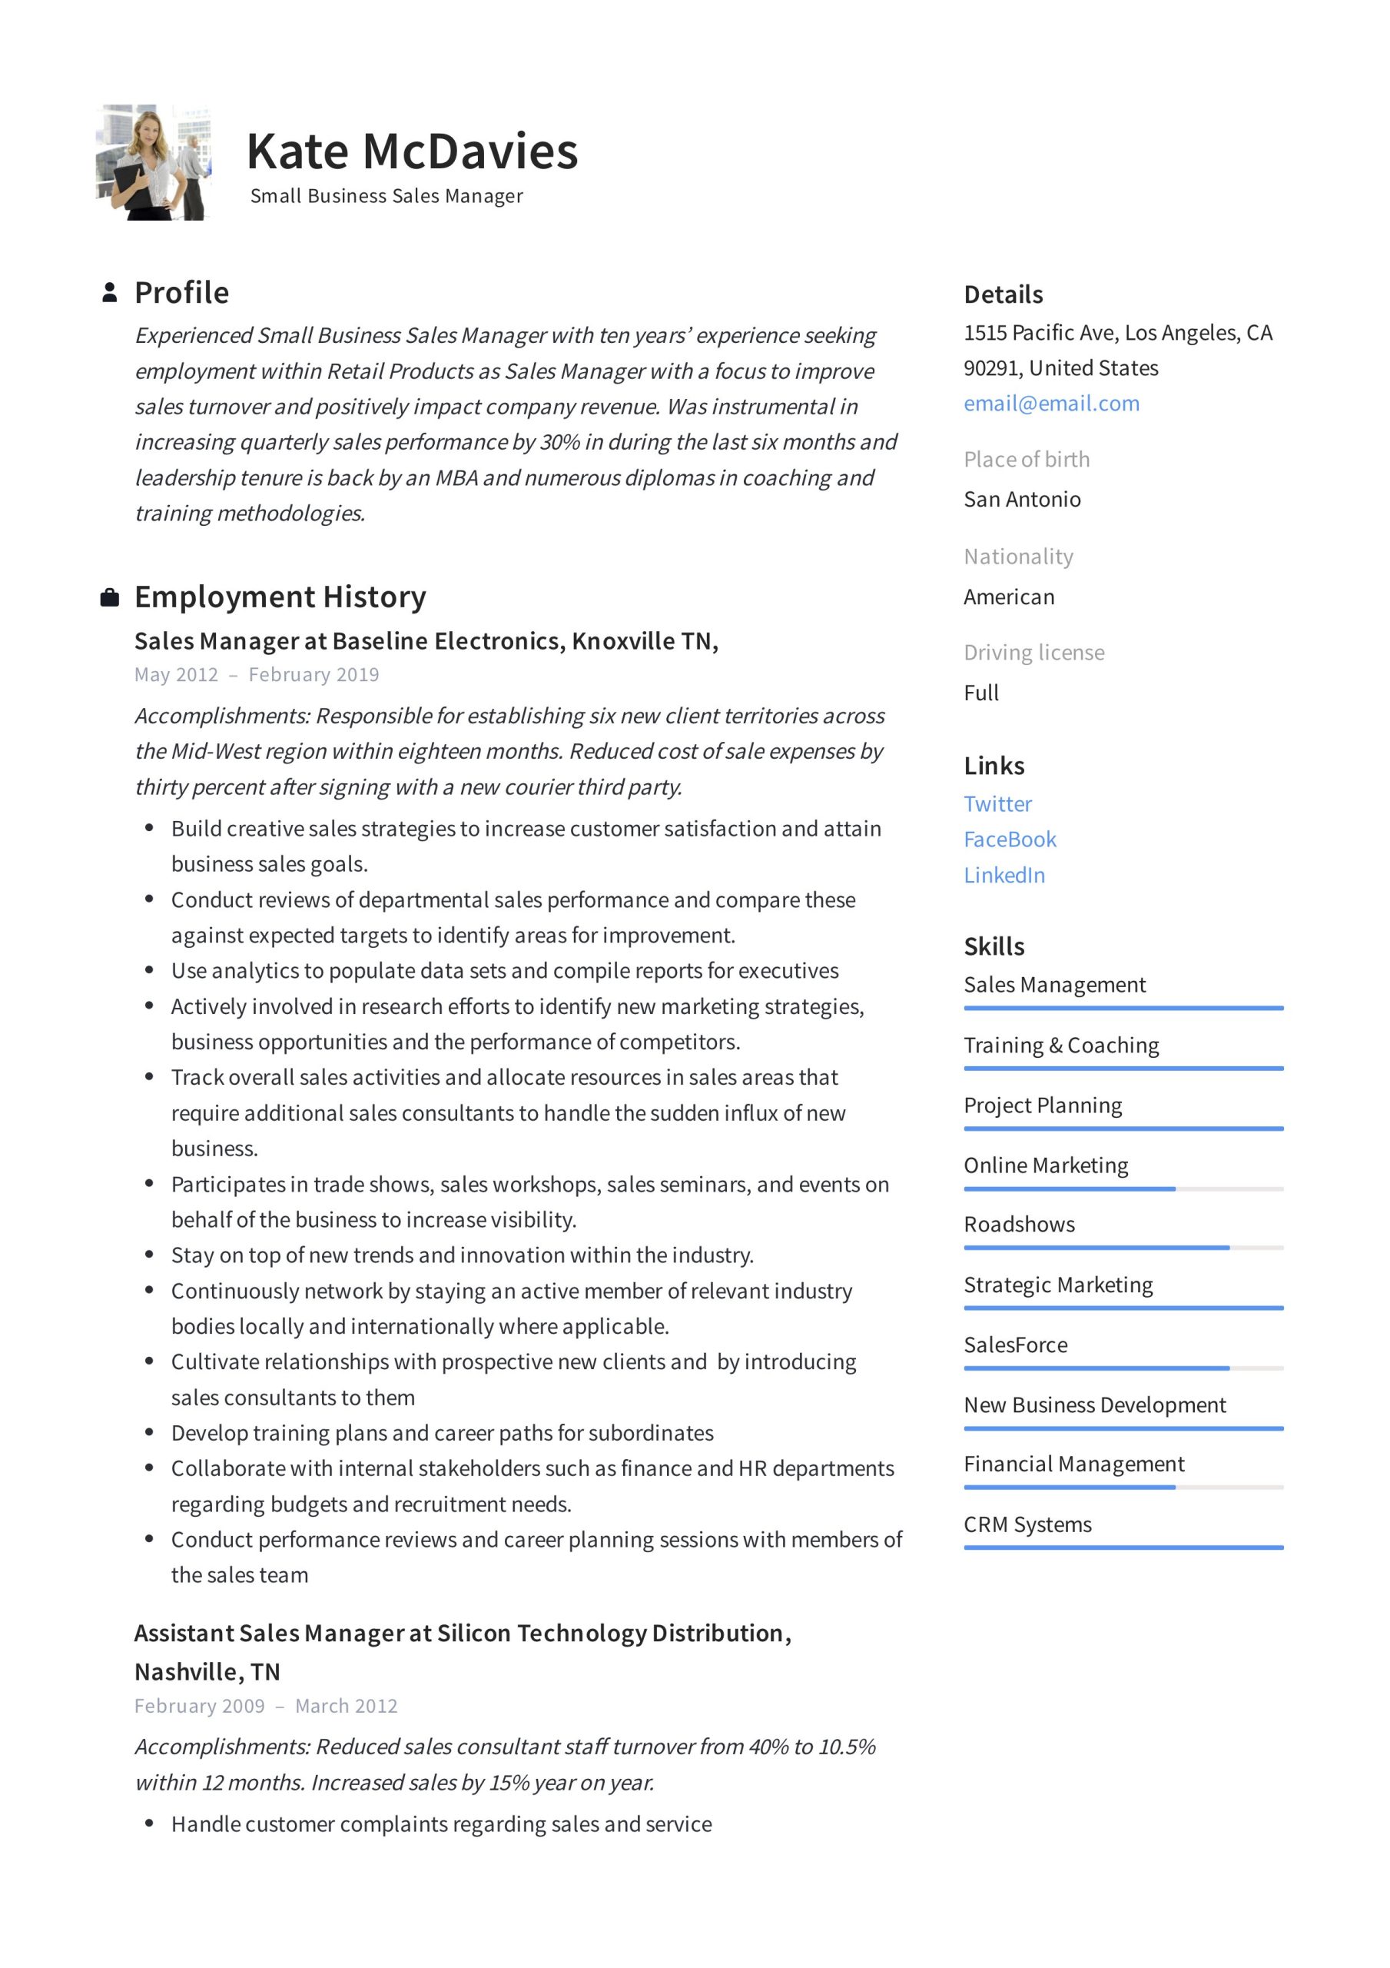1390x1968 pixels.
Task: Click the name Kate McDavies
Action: pos(411,151)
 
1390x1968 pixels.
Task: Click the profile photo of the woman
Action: pos(153,162)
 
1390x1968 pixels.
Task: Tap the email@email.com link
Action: pos(1050,403)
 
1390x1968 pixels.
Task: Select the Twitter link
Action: pos(997,803)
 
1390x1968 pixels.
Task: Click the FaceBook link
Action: pos(1009,839)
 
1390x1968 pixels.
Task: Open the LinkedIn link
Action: pos(1004,875)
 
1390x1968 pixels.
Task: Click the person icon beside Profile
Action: pos(110,292)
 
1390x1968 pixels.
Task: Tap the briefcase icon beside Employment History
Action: pos(110,597)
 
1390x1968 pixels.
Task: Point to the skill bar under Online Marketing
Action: pos(1123,1188)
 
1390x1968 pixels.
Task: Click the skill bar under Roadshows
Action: pos(1123,1248)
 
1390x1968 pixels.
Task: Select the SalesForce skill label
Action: pos(1015,1345)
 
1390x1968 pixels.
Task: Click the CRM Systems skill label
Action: pos(1027,1525)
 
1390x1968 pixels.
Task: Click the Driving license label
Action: pos(1033,653)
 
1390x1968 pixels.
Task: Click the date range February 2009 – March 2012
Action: pos(266,1706)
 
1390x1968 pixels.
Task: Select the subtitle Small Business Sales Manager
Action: pos(386,196)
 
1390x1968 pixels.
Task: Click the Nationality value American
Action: pos(1009,597)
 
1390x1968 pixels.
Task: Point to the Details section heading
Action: pos(1003,295)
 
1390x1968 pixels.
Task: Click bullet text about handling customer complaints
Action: pos(440,1824)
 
